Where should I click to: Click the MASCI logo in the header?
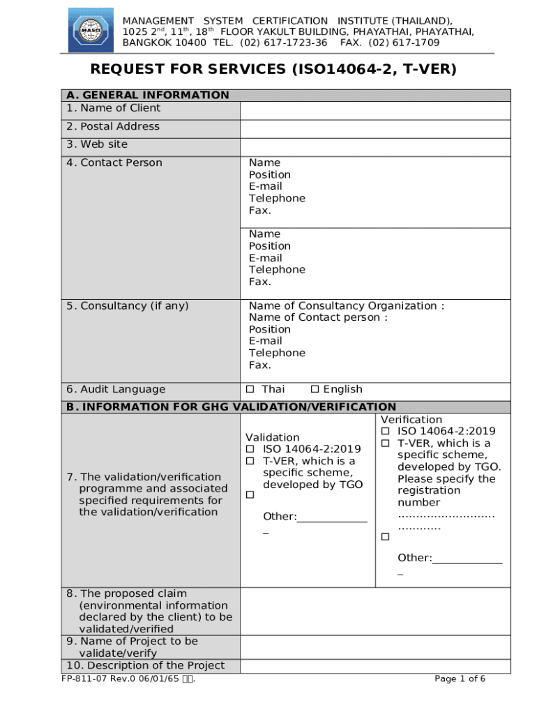coord(91,30)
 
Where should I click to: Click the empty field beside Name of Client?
coord(375,111)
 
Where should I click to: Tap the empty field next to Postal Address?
coord(375,129)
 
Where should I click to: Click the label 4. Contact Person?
coord(114,162)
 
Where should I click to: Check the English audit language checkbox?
coord(315,389)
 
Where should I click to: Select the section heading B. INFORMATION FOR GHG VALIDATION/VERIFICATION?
coord(231,407)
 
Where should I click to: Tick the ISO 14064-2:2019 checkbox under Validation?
coord(250,449)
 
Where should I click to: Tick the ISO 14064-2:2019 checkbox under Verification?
coord(384,432)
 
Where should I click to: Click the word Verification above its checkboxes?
coord(411,420)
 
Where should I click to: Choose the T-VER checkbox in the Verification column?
coord(384,443)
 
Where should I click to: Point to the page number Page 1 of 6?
coord(460,679)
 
